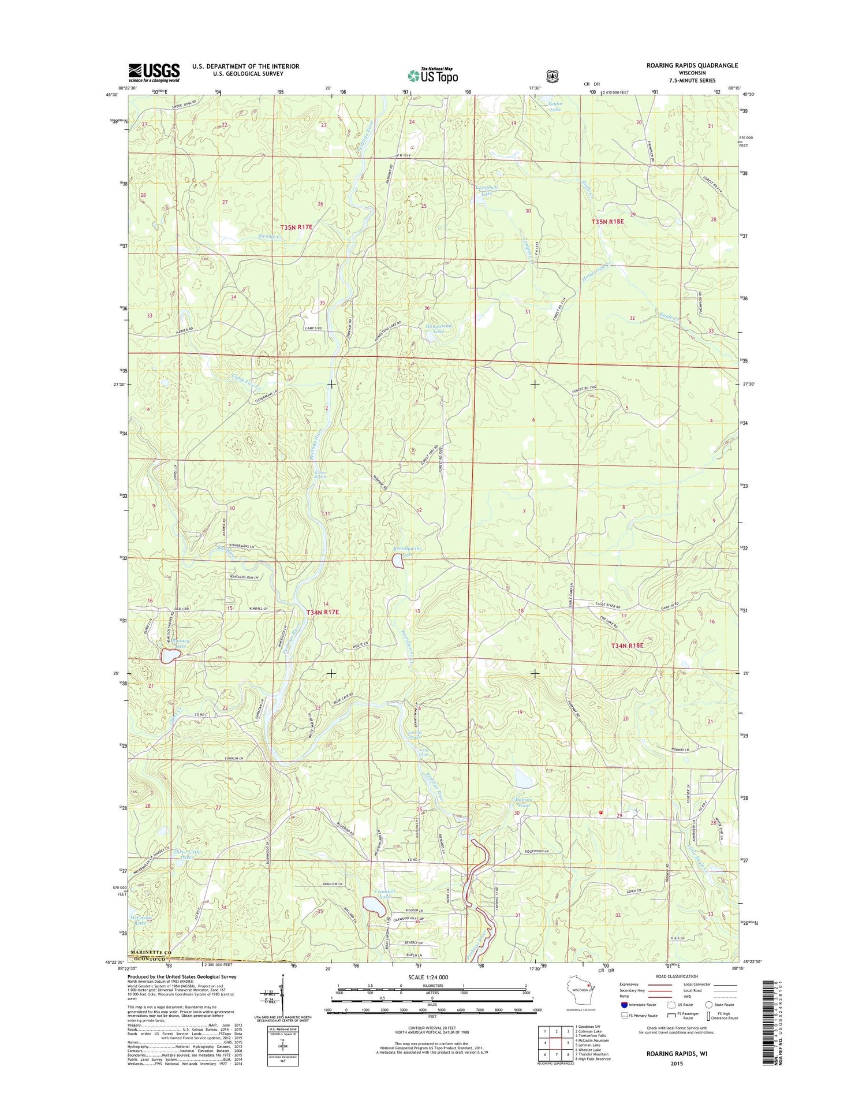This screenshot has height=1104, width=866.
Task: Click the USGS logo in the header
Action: coord(154,73)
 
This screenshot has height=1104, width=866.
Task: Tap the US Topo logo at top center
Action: coord(433,75)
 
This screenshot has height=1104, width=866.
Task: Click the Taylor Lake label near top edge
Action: coord(554,106)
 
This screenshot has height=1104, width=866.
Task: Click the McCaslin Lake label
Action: coord(141,920)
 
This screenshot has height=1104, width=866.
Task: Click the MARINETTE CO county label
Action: coord(151,952)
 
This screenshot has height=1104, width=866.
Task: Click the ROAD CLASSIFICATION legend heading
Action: coord(672,976)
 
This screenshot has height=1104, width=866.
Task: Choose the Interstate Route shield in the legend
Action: coord(624,1005)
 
